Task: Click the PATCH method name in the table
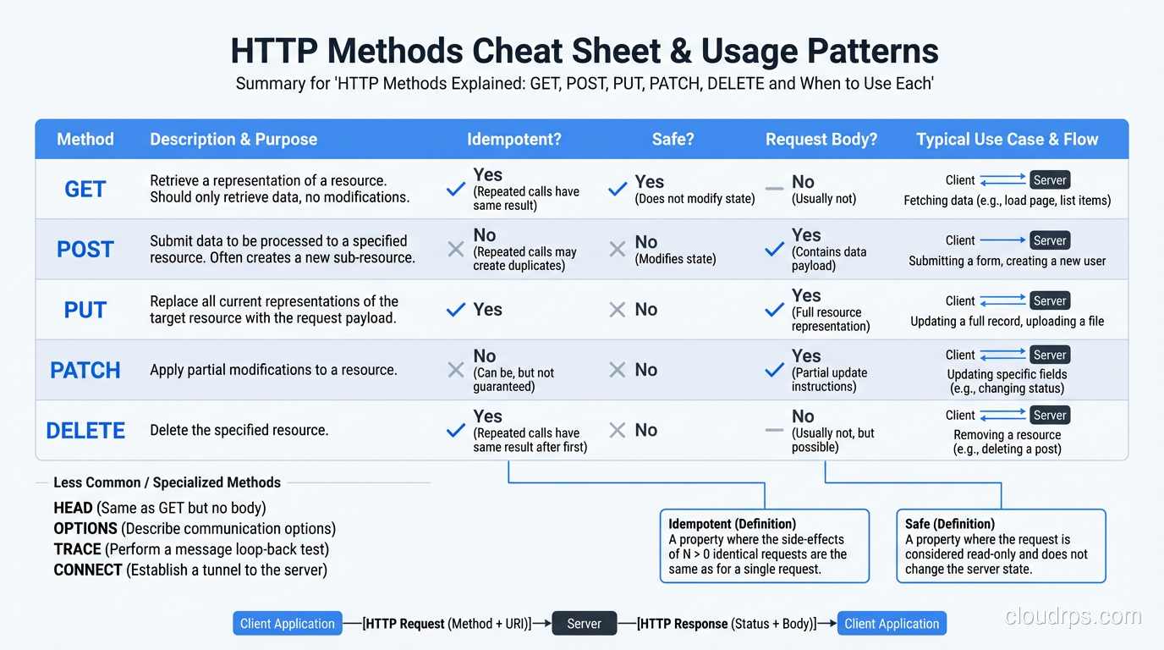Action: [85, 370]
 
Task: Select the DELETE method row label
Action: [85, 430]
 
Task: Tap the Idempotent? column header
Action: [513, 140]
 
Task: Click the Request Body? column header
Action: [821, 140]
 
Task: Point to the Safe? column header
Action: [673, 140]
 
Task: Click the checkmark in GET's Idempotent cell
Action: [456, 190]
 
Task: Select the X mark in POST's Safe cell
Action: [618, 250]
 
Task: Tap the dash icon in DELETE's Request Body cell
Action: [774, 430]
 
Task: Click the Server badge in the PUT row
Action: [1049, 300]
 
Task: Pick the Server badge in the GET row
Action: [1049, 180]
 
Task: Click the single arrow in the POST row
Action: [1002, 240]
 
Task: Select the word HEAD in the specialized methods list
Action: [73, 508]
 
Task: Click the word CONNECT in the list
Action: [88, 570]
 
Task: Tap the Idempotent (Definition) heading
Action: [732, 524]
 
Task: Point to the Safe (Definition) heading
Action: [949, 524]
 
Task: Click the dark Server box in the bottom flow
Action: [584, 624]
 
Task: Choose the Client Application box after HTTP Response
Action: [892, 624]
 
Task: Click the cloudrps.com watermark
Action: [1073, 617]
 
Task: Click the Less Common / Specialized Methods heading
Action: [167, 482]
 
